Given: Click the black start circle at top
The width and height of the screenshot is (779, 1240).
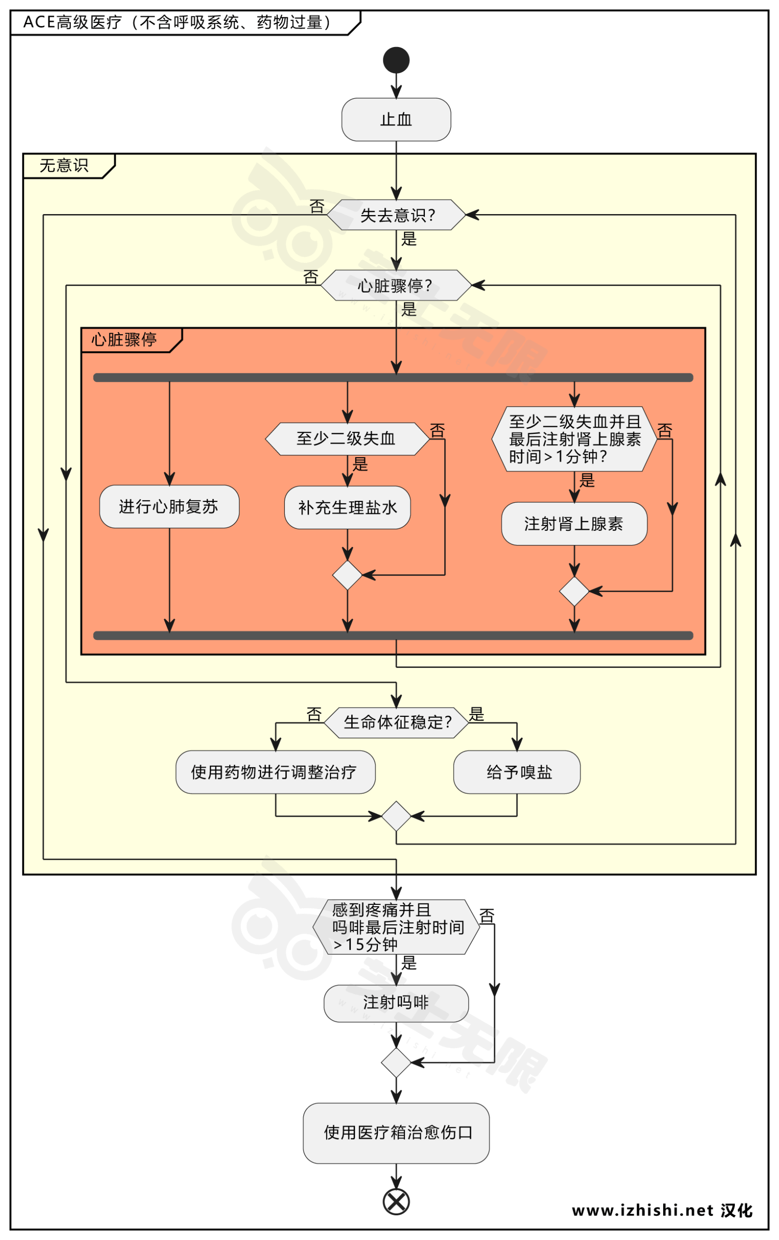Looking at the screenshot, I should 396,60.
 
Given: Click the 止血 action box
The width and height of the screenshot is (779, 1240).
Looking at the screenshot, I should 396,120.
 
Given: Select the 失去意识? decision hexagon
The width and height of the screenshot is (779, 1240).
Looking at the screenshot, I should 396,215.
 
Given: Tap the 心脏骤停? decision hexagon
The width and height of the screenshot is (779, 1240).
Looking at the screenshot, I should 396,285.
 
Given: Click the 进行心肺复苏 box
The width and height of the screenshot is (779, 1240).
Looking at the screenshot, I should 169,507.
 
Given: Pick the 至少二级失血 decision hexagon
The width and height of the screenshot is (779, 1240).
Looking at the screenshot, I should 347,439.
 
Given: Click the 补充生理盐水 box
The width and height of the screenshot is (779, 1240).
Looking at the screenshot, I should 347,508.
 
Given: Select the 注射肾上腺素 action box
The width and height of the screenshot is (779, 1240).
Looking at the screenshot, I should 574,524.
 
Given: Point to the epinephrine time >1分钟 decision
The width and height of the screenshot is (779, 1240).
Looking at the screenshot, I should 574,439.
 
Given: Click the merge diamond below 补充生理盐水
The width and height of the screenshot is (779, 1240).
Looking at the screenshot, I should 347,575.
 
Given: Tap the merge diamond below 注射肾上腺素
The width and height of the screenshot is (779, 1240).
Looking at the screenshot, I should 574,591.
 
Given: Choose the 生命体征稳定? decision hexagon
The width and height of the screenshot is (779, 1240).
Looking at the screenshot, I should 396,723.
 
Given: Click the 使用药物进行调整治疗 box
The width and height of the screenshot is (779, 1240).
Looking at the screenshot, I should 275,772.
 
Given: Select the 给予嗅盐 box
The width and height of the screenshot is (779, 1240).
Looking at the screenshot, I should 516,772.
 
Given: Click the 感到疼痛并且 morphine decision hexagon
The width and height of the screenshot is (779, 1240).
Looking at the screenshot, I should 396,927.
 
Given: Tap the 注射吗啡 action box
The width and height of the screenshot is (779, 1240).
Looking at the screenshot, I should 396,1003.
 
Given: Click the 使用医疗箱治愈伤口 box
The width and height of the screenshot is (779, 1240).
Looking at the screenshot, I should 396,1132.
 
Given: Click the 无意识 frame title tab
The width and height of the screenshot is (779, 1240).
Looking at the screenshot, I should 64,166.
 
